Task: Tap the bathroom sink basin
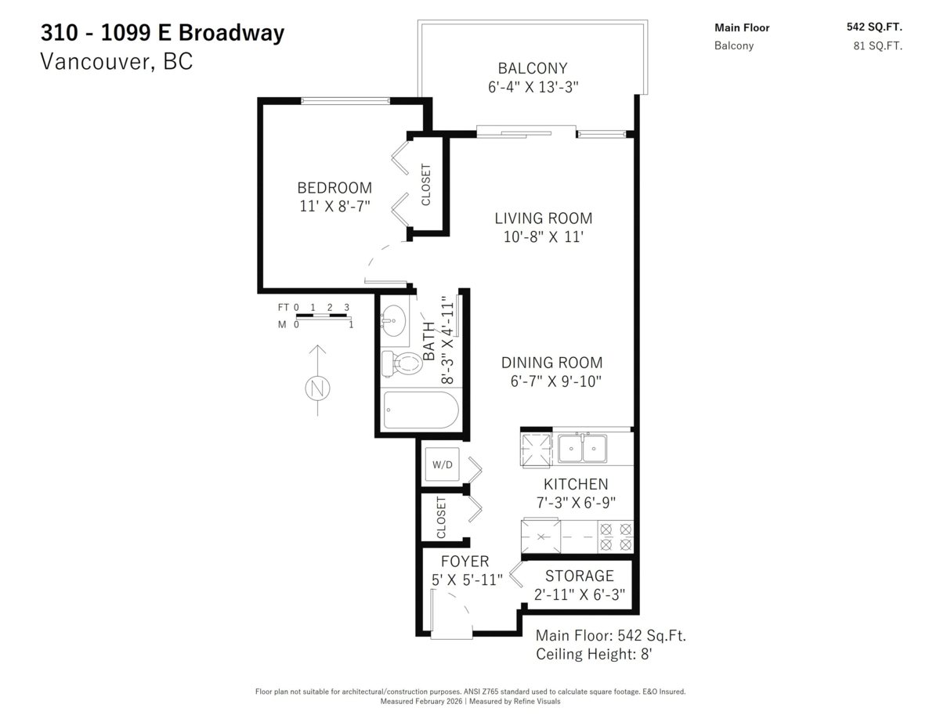pos(394,320)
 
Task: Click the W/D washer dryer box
pos(442,464)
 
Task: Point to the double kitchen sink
pos(582,449)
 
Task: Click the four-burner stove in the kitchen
pos(616,536)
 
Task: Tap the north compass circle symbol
pos(317,388)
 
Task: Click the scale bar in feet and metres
pos(324,316)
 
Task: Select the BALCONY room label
pos(532,68)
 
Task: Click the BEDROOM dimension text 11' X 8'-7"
pos(334,206)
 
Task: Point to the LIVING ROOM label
pos(543,219)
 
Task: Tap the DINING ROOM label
pos(551,363)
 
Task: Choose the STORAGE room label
pos(579,576)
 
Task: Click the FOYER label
pos(465,562)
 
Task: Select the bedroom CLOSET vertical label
pos(426,184)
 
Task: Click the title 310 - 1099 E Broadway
pos(162,33)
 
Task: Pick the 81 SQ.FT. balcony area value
pos(877,46)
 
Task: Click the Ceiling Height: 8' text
pos(594,654)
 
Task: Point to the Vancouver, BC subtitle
pos(116,62)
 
